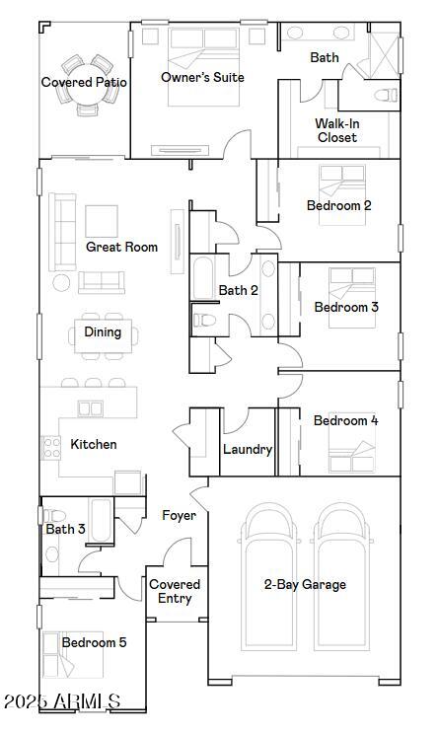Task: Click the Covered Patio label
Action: click(84, 83)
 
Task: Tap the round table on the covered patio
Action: click(85, 84)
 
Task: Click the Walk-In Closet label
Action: click(336, 130)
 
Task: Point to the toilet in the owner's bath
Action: click(386, 96)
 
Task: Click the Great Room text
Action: click(121, 247)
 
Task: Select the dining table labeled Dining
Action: click(103, 332)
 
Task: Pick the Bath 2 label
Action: click(238, 290)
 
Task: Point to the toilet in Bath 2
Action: click(205, 321)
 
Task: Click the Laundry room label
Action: click(247, 450)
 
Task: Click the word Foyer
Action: click(179, 515)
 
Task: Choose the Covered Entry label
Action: click(175, 592)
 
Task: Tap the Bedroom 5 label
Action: click(94, 642)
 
